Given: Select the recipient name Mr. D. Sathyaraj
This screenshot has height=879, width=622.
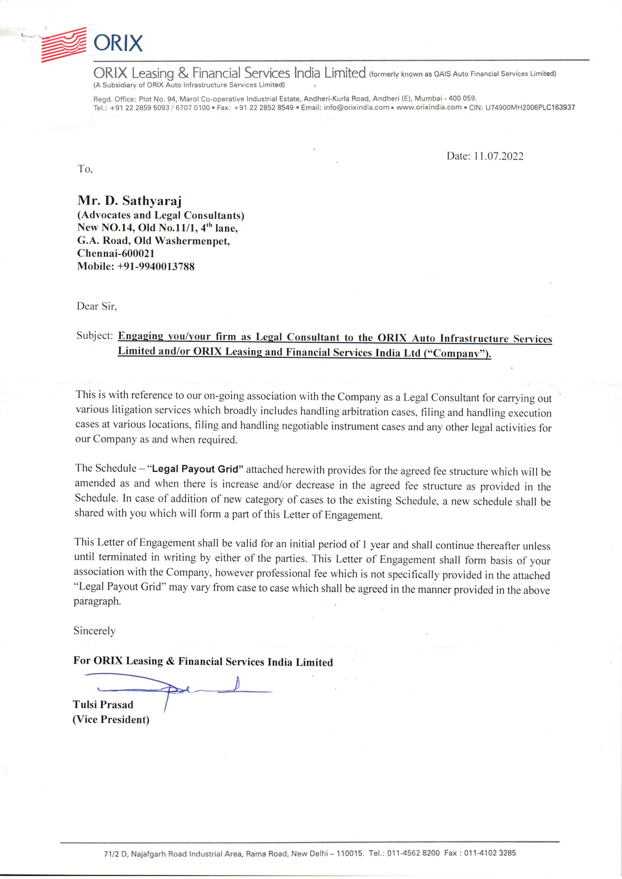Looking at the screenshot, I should pyautogui.click(x=129, y=200).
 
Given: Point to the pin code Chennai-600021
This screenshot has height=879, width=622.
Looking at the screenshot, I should pyautogui.click(x=116, y=253).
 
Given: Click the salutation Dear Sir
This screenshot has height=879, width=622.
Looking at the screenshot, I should pyautogui.click(x=97, y=306).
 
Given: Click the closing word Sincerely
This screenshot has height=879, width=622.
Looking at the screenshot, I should pyautogui.click(x=94, y=630).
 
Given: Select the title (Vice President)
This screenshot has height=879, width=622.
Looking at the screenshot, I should pyautogui.click(x=111, y=719).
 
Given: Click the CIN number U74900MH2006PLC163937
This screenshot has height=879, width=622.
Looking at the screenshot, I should pyautogui.click(x=530, y=107).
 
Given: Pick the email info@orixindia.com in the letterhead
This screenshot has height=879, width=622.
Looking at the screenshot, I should pyautogui.click(x=356, y=107).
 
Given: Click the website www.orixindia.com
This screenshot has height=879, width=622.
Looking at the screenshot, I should pyautogui.click(x=429, y=107).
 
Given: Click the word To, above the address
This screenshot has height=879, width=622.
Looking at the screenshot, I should pyautogui.click(x=85, y=169).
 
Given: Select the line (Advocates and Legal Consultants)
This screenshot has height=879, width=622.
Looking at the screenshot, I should pyautogui.click(x=161, y=215).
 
